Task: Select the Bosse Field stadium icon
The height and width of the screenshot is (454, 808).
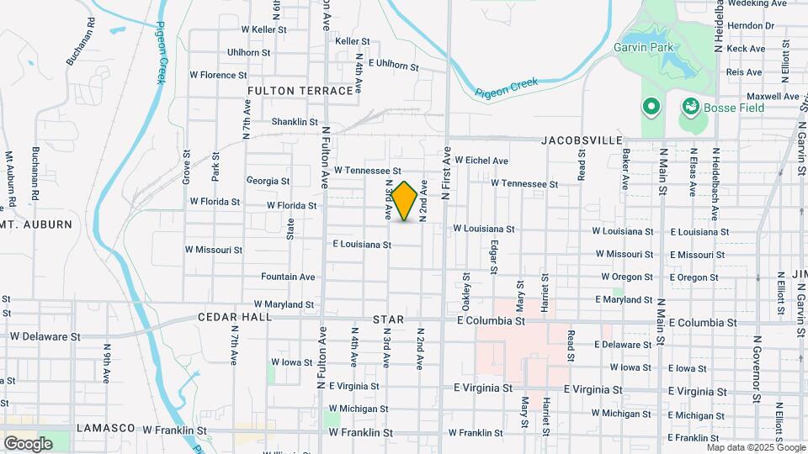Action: pos(690,107)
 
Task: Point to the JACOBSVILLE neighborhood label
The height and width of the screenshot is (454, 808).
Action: pos(582,140)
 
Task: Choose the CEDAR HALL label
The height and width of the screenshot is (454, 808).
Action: pos(235,317)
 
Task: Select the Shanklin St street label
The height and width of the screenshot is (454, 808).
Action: pos(295,122)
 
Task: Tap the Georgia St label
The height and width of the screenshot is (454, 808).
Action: pos(268,181)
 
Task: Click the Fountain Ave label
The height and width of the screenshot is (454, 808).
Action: pos(288,277)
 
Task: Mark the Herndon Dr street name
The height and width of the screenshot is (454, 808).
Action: pos(751,26)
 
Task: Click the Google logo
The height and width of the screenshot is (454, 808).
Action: pos(28,443)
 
